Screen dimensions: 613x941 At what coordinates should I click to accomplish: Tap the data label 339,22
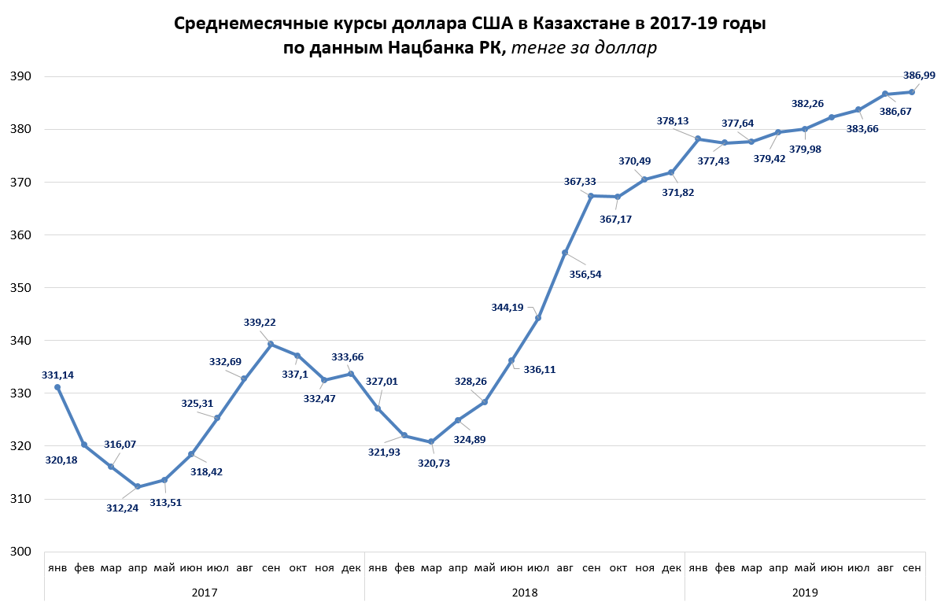click(x=260, y=323)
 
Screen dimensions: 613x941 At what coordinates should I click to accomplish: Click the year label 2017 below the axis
click(x=204, y=591)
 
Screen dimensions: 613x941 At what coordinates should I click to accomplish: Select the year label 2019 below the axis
click(x=804, y=591)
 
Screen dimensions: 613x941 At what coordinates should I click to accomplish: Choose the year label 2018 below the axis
click(x=524, y=591)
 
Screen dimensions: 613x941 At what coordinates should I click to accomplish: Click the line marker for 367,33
click(x=591, y=195)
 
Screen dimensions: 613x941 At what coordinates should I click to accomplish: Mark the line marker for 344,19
click(x=538, y=317)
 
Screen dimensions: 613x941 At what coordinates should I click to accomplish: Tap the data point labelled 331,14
click(x=57, y=387)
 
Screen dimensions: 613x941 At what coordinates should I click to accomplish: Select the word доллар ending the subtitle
click(x=618, y=48)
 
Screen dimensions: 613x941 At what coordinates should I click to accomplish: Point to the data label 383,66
click(x=853, y=127)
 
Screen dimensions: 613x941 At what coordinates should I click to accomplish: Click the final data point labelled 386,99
click(x=911, y=92)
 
